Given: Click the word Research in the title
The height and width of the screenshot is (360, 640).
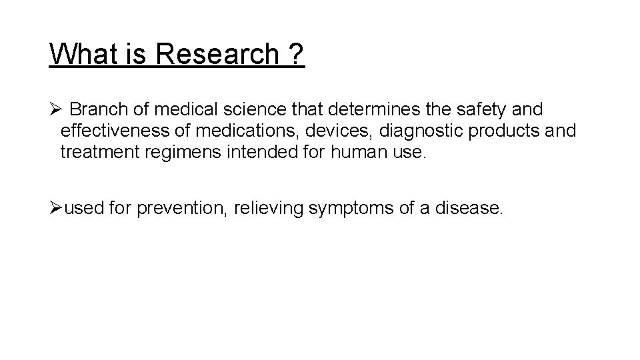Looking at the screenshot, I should (216, 54).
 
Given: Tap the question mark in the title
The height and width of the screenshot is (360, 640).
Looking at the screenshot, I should (296, 54).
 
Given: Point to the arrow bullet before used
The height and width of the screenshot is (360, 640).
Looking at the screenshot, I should (55, 209).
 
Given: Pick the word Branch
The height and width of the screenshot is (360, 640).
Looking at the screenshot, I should (93, 109).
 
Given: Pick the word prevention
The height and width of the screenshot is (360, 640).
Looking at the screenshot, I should (180, 209).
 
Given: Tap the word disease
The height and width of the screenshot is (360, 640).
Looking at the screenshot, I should (469, 209).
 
